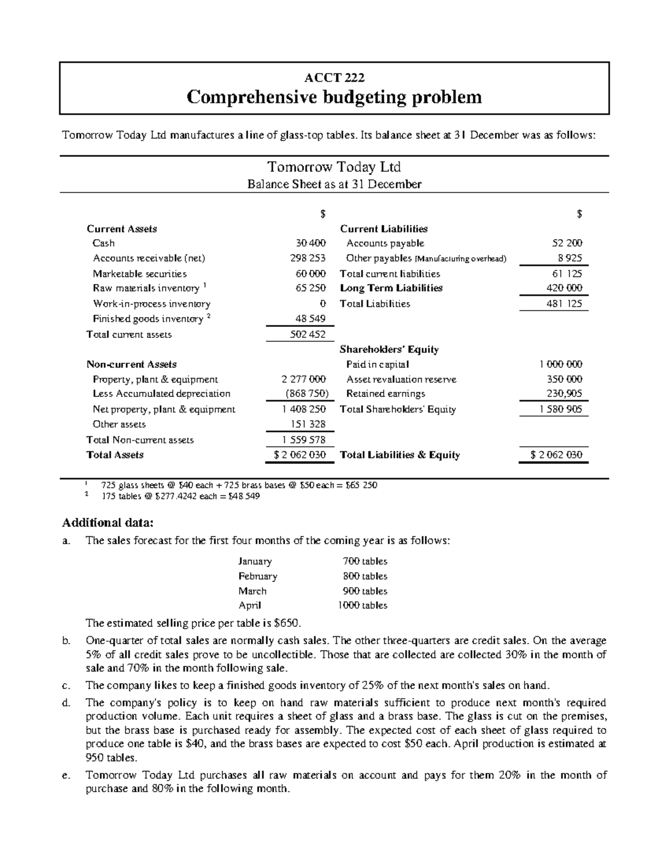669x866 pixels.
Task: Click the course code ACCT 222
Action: [x=334, y=78]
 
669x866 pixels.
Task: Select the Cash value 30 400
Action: [x=311, y=243]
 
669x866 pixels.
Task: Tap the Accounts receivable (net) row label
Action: [x=149, y=258]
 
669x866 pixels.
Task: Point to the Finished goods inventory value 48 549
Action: [x=310, y=319]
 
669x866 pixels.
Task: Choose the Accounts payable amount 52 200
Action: [x=566, y=243]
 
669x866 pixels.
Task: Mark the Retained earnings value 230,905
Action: [x=564, y=394]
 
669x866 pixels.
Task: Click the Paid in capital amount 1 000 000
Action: [x=560, y=364]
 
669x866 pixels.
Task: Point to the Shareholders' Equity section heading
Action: [x=389, y=350]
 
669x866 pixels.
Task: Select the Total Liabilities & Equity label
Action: [x=400, y=455]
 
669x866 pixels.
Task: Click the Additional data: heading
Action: [x=106, y=523]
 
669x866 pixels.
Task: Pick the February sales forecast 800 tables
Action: [x=365, y=576]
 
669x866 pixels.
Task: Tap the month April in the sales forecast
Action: [x=250, y=606]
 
